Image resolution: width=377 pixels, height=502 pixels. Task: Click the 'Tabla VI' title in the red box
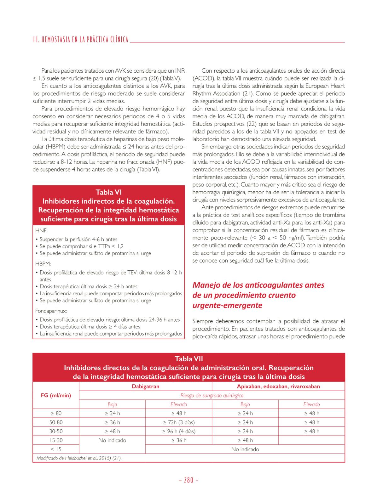109,192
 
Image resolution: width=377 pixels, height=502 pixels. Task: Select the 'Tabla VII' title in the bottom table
188,359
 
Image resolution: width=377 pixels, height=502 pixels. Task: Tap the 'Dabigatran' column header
145,386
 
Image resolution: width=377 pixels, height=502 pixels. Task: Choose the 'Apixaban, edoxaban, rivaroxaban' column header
278,386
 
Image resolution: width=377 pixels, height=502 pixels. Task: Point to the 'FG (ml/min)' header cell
56,395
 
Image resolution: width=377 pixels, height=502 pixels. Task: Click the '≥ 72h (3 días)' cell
179,422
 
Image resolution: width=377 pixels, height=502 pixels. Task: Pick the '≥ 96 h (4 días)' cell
179,431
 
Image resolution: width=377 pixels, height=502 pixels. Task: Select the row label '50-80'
56,422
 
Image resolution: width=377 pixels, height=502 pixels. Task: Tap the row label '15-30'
56,440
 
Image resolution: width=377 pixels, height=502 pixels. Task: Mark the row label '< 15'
56,449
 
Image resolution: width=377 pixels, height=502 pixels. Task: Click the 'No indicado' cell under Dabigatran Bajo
112,440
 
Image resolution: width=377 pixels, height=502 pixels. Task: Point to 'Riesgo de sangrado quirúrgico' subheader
212,396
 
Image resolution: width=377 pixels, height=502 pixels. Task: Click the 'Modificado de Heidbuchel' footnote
79,458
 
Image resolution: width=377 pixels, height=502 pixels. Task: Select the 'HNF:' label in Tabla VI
41,231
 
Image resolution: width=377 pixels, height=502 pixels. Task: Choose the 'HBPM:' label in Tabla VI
43,264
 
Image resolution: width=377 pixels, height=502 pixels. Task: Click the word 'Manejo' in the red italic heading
205,285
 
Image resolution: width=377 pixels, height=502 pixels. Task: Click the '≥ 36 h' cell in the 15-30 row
179,440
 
